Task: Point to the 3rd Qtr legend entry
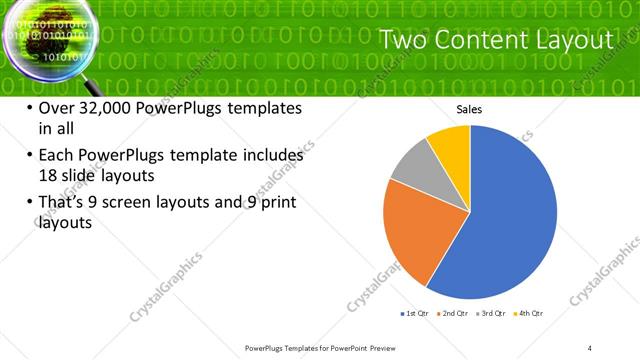[x=494, y=314]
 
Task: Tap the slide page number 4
[x=590, y=347]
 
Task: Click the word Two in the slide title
[x=407, y=41]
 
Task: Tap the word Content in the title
[x=482, y=41]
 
